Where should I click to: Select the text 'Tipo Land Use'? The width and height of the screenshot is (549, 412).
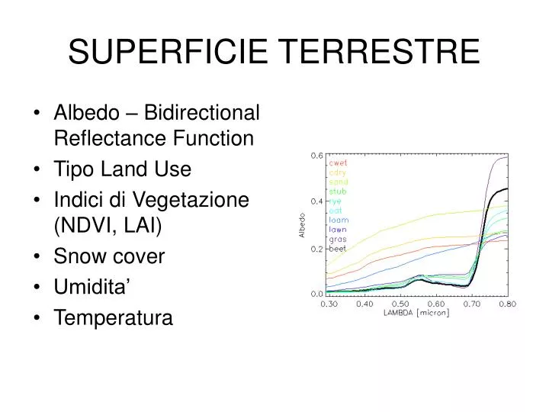[122, 169]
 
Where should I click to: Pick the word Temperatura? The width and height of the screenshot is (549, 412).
[113, 317]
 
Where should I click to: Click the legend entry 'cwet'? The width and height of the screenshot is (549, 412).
[339, 163]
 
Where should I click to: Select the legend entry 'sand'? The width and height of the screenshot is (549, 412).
[339, 182]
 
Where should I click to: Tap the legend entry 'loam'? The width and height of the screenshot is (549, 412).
[339, 219]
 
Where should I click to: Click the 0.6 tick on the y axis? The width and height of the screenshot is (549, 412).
[316, 155]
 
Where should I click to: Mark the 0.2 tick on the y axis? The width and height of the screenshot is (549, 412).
[316, 249]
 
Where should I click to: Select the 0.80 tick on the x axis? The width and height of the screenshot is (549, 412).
[507, 304]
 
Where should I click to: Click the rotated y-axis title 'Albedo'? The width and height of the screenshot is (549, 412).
[300, 225]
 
